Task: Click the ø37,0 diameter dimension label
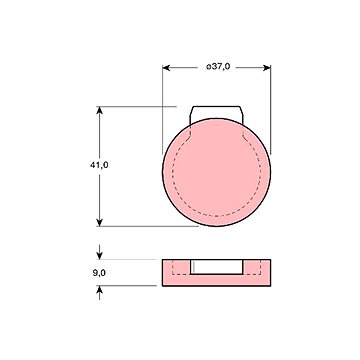(218, 67)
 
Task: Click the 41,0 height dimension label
(99, 165)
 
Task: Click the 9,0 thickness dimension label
(99, 273)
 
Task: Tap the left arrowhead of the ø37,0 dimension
(166, 68)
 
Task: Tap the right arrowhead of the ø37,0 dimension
(267, 68)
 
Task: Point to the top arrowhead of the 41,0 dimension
(99, 110)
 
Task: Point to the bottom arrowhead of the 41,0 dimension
(99, 222)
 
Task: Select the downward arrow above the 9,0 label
(99, 252)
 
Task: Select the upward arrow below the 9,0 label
(99, 293)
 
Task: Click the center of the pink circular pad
(217, 172)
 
